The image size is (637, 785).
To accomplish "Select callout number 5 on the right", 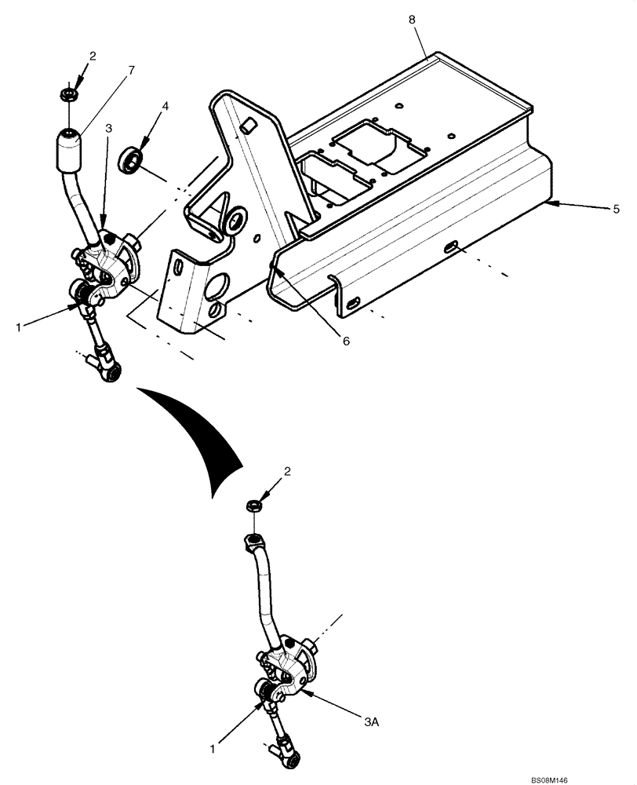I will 616,210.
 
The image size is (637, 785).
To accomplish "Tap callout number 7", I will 131,70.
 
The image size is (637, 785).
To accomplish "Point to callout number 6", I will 345,341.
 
